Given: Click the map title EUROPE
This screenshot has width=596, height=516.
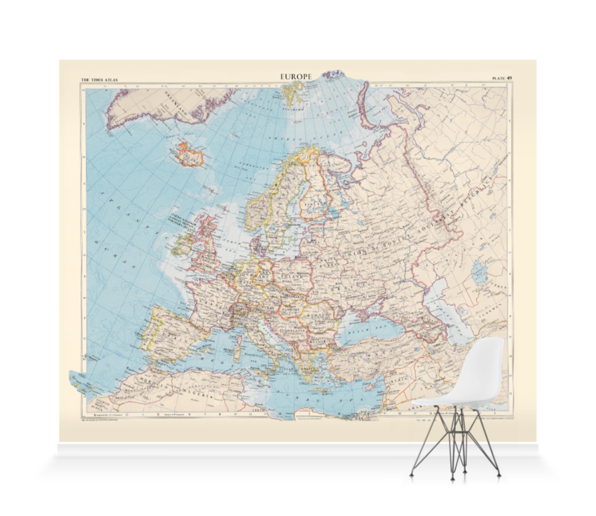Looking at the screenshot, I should pyautogui.click(x=296, y=76).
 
